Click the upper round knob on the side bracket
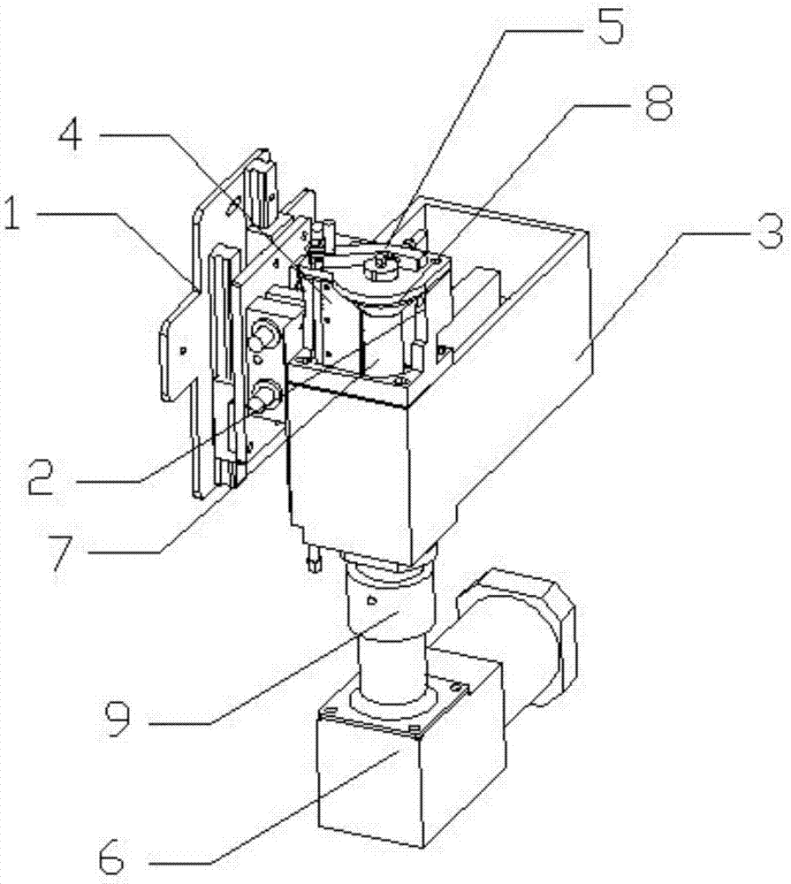262,336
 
